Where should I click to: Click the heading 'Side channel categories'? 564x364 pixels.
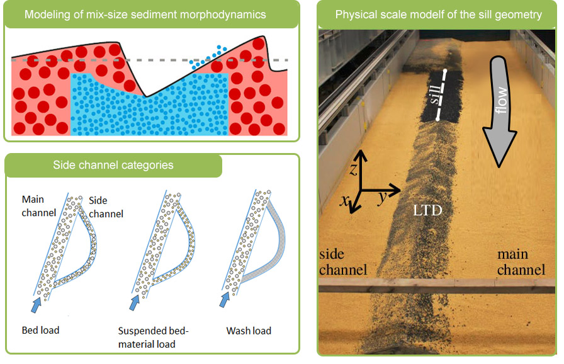[x=113, y=166]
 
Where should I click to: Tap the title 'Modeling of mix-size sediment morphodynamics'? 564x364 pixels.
[x=145, y=14]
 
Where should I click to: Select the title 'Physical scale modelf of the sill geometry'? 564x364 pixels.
[x=438, y=14]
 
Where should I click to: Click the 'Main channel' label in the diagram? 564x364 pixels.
[x=39, y=206]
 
